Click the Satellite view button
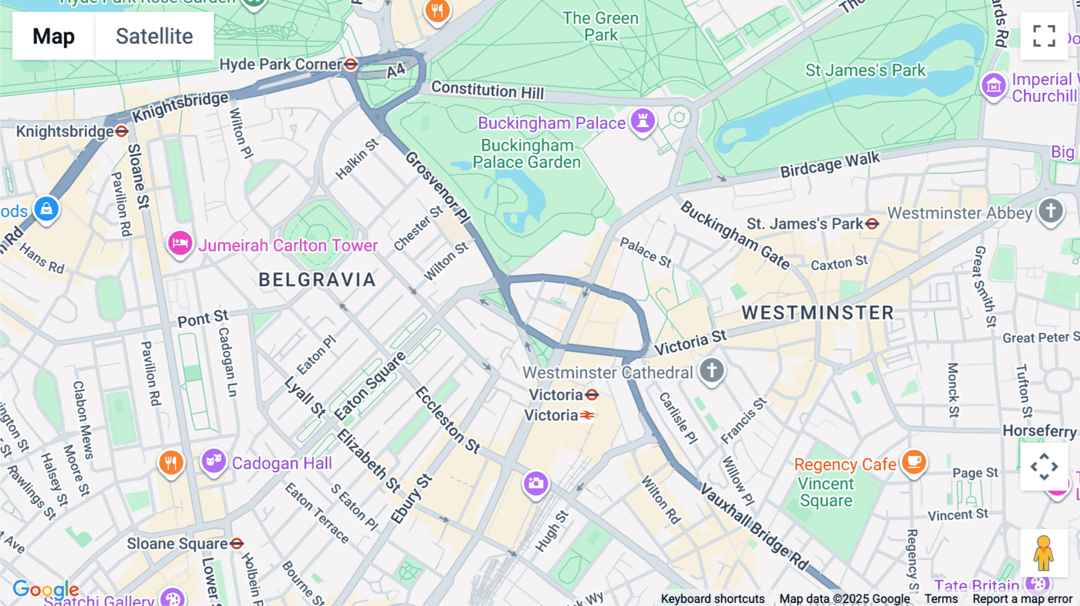point(154,36)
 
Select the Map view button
point(53,36)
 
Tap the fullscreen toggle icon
point(1044,36)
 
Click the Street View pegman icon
point(1043,553)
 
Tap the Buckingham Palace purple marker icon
point(642,121)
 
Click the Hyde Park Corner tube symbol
point(351,64)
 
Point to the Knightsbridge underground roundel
point(122,131)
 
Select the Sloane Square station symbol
point(237,544)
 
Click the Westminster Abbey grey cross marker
point(1050,211)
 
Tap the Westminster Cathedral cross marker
point(712,370)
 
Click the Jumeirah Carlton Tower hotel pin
point(179,244)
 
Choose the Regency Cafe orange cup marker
point(913,462)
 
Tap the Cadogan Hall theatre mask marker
point(213,461)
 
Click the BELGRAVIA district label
point(317,280)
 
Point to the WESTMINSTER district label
point(817,313)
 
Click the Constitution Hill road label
point(487,91)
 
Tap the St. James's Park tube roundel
point(872,224)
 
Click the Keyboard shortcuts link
point(712,599)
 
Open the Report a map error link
point(1022,599)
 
